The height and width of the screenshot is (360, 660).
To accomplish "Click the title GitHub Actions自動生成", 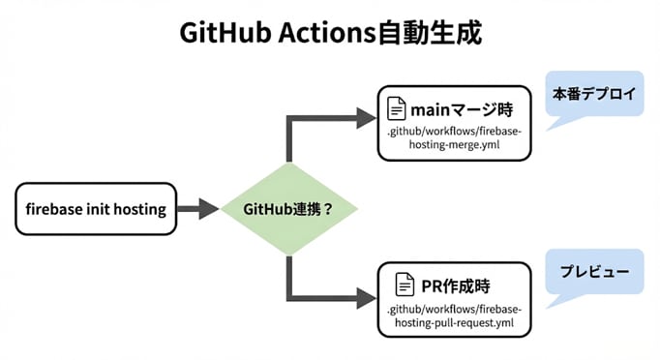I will tap(330, 33).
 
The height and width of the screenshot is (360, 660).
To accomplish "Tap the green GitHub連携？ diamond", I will tap(287, 208).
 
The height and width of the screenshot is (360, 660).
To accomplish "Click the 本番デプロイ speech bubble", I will tap(594, 95).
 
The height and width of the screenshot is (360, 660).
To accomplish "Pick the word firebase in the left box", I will tap(56, 208).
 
